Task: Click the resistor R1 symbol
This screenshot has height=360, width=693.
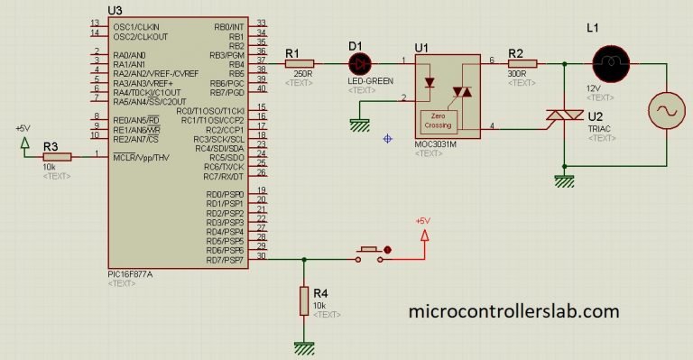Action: pos(299,64)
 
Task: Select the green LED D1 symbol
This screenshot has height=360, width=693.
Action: pos(361,63)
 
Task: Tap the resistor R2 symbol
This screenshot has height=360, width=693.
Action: pos(522,63)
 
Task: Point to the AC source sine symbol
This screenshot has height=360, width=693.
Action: pos(669,112)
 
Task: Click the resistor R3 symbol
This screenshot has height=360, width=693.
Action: pos(57,156)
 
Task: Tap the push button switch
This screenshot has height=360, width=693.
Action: pos(371,254)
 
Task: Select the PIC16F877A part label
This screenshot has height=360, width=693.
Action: pos(129,272)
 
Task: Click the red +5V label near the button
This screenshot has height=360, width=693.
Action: pos(423,221)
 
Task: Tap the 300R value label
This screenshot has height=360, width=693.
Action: pos(516,74)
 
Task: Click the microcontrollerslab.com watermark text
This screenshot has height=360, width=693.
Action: pos(514,311)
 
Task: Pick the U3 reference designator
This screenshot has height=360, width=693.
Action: pos(115,10)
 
